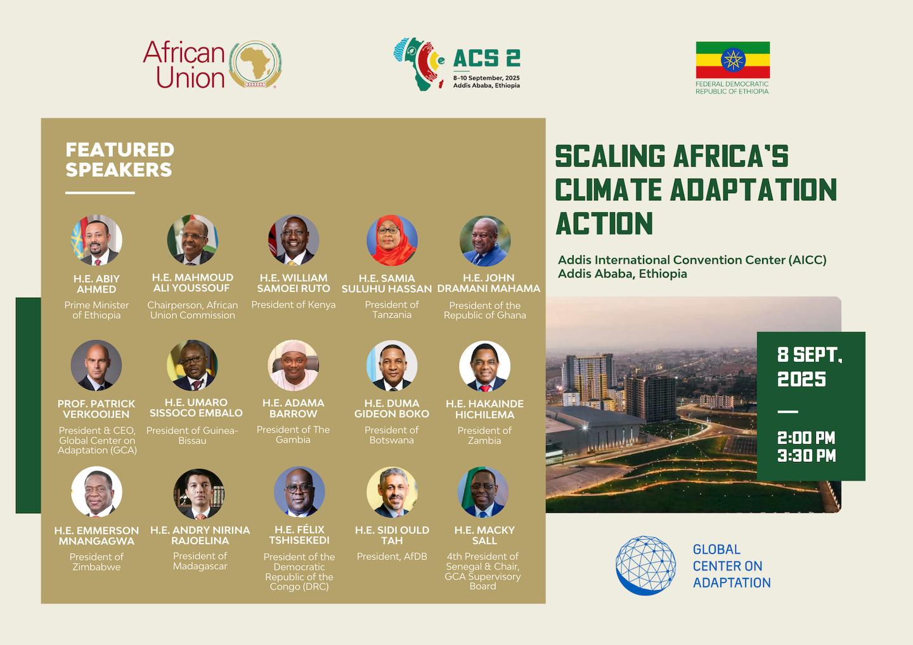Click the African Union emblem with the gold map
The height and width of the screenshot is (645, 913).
[x=256, y=64]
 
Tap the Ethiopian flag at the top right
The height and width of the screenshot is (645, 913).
[x=733, y=60]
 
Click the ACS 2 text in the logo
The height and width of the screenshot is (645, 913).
[x=487, y=58]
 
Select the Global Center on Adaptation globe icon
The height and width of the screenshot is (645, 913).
[x=645, y=565]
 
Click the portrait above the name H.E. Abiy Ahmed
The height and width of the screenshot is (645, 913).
[x=96, y=240]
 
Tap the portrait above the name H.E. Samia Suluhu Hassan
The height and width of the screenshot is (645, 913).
[x=392, y=240]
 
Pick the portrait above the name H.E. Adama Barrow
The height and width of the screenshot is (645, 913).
[x=294, y=365]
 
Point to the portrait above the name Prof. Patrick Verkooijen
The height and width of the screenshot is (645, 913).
[x=96, y=365]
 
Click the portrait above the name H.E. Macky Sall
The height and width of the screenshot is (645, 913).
[x=483, y=492]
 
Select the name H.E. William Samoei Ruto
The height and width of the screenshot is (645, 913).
[x=294, y=283]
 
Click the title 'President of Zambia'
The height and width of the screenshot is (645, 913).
[x=484, y=435]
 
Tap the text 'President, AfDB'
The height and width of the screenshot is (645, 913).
[x=392, y=556]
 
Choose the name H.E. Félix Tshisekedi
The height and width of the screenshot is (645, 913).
[x=299, y=535]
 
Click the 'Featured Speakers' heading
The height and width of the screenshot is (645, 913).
[x=120, y=160]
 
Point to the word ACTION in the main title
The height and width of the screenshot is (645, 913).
[x=604, y=223]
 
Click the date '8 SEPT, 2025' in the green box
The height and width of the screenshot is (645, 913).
[x=809, y=367]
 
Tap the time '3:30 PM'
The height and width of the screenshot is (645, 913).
[x=806, y=456]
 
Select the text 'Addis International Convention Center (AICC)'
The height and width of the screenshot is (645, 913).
[x=692, y=260]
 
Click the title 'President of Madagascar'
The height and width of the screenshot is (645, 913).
[x=200, y=561]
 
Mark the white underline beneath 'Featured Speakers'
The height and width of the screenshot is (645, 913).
[x=100, y=193]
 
